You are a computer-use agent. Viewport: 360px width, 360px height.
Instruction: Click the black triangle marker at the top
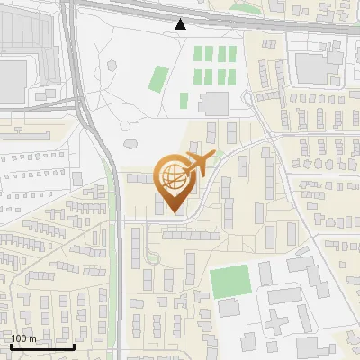(x=181, y=24)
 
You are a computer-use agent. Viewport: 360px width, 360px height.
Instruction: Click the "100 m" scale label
(x=22, y=338)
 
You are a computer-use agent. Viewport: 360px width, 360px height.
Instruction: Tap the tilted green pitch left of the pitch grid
(x=158, y=78)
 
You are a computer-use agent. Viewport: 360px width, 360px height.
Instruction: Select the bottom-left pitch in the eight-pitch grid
(x=200, y=76)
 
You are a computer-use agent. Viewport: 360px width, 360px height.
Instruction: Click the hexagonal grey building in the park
(x=112, y=65)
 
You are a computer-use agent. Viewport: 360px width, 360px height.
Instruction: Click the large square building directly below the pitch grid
(x=214, y=103)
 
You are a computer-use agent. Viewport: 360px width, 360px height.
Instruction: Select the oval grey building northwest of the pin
(x=130, y=141)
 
